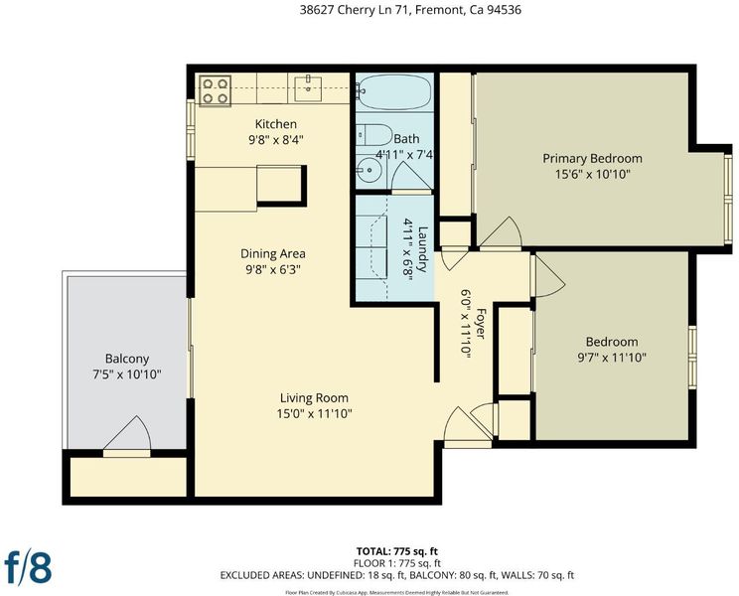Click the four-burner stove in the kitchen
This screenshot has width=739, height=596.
[x=216, y=91]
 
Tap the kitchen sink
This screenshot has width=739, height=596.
[x=308, y=88]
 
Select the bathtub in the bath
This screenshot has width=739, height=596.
[x=394, y=91]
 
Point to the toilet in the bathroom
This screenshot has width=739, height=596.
[x=373, y=135]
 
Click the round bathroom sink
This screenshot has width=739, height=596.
[x=369, y=169]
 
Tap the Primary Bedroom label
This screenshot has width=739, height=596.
[x=592, y=158]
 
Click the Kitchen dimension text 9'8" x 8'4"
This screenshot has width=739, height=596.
[x=276, y=140]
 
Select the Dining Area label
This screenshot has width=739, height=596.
[x=273, y=253]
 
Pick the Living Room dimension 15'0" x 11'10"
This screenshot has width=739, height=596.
[x=314, y=413]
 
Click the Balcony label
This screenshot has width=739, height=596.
[x=127, y=359]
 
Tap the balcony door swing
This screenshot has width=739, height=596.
[x=128, y=432]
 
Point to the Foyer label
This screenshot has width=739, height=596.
[x=481, y=323]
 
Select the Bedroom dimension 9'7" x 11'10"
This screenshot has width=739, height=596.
[x=612, y=358]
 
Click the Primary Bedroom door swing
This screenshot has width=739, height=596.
[x=501, y=232]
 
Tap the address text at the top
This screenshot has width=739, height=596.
[x=410, y=10]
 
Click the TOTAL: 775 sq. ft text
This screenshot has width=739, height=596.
[x=397, y=551]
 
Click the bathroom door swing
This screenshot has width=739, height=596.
[x=411, y=177]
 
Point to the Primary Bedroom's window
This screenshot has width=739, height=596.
[x=729, y=200]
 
